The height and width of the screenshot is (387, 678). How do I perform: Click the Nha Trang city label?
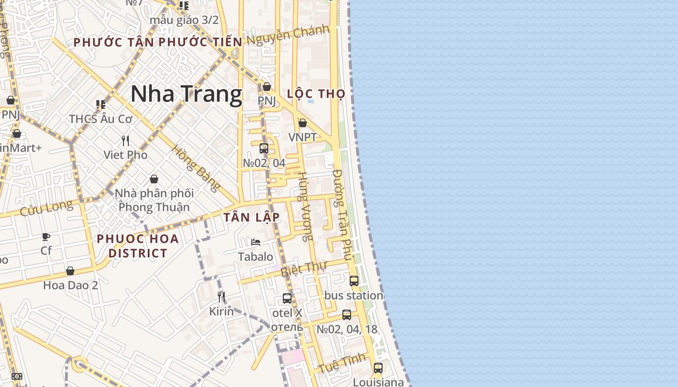(x=186, y=94)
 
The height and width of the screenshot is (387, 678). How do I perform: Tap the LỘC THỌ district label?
(x=316, y=94)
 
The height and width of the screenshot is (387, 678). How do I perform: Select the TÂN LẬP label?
(x=252, y=218)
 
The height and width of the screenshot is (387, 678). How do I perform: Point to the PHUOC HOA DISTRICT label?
(x=138, y=246)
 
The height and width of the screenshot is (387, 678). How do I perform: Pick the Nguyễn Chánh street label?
(x=288, y=36)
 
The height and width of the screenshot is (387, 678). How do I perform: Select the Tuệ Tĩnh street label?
(x=342, y=363)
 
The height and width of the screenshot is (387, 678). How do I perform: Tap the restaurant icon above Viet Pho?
(x=125, y=141)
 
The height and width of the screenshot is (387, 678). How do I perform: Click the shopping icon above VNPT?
(x=303, y=123)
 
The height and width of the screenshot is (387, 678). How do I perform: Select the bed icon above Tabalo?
(x=256, y=242)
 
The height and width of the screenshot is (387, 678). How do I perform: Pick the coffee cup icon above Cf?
(x=46, y=237)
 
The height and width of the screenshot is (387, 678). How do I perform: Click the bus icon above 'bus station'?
(x=354, y=281)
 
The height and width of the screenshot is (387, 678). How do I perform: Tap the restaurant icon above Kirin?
(x=221, y=297)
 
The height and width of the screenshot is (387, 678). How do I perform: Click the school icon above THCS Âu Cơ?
(x=101, y=104)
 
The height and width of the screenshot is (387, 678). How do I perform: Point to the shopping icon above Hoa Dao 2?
(x=70, y=271)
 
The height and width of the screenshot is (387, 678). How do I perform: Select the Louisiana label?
(x=378, y=382)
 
